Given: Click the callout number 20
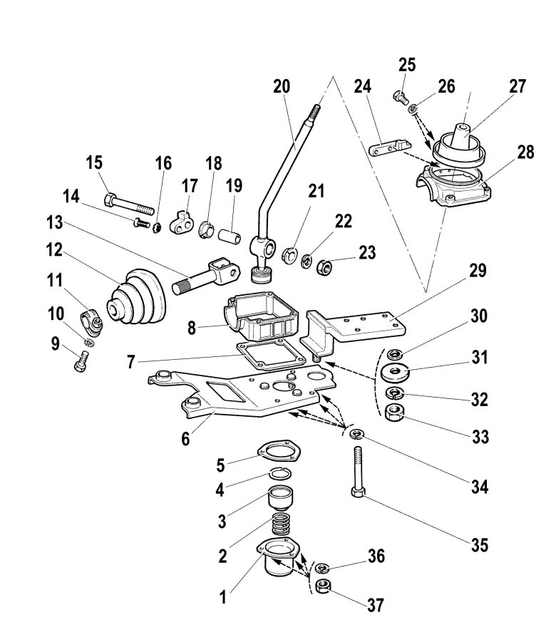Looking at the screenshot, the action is pyautogui.click(x=282, y=87).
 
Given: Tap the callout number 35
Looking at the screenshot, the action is pyautogui.click(x=480, y=545).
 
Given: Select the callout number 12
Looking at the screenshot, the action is pyautogui.click(x=54, y=250).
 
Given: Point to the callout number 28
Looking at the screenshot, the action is pyautogui.click(x=525, y=152).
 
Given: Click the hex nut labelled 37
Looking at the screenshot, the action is pyautogui.click(x=323, y=586).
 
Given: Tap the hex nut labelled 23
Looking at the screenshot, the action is pyautogui.click(x=324, y=266).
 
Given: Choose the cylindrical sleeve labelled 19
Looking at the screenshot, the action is pyautogui.click(x=230, y=236).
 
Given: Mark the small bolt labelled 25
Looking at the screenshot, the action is pyautogui.click(x=401, y=97).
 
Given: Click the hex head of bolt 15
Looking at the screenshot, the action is pyautogui.click(x=110, y=200).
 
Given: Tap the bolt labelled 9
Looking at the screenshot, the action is pyautogui.click(x=81, y=361).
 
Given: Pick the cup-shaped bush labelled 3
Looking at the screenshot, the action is pyautogui.click(x=281, y=498).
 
